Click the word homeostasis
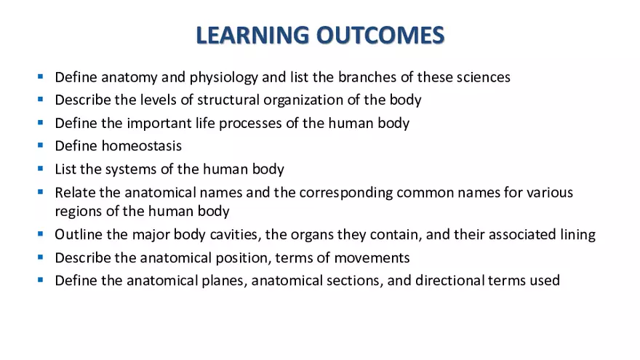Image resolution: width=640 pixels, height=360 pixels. [x=141, y=146]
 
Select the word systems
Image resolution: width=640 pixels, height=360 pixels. [x=127, y=169]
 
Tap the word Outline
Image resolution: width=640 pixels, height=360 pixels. [x=76, y=235]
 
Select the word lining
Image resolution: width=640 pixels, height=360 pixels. [x=578, y=235]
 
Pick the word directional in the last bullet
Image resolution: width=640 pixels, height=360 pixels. [x=449, y=281]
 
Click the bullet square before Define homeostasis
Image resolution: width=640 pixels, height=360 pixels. [x=41, y=145]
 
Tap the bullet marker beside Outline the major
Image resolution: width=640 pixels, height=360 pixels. [x=41, y=234]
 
